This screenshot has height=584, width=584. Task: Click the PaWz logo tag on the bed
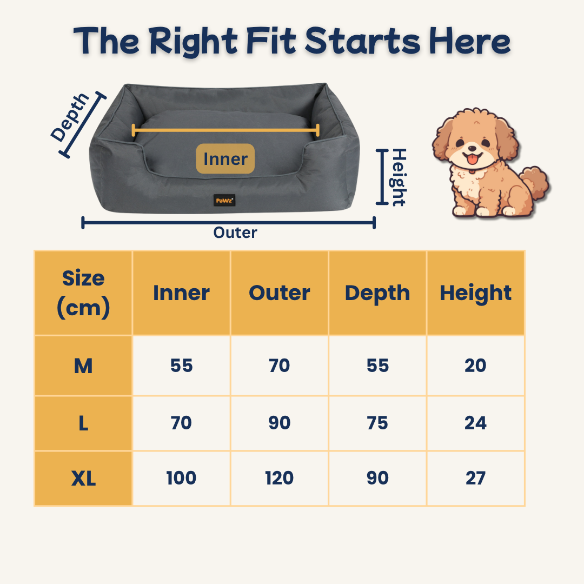(224, 201)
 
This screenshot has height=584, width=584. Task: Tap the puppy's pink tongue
(473, 160)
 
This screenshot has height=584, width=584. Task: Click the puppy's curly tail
(534, 184)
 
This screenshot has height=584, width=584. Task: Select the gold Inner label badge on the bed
(225, 158)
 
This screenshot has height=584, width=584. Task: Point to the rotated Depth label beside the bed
(70, 117)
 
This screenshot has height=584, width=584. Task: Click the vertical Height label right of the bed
(398, 177)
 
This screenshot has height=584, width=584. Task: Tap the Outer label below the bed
(235, 233)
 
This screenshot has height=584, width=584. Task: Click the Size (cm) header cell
(83, 293)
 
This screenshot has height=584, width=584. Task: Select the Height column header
(476, 293)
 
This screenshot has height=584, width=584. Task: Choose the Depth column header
(377, 293)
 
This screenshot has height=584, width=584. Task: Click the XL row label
(83, 478)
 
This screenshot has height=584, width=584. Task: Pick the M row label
(83, 366)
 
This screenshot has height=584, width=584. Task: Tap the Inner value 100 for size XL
(181, 478)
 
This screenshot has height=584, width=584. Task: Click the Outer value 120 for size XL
(280, 478)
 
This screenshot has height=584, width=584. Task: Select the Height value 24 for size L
(476, 423)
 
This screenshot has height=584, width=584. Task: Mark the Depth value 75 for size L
(377, 423)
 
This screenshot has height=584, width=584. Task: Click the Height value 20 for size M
(476, 366)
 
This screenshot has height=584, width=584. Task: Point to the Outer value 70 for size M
(280, 366)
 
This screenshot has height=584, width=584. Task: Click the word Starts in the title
(363, 41)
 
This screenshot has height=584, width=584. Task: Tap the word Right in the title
(193, 42)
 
